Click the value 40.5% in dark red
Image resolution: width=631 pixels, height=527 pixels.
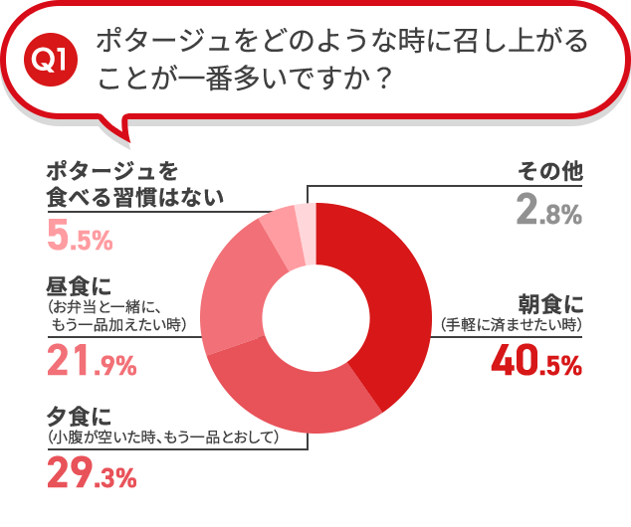pyautogui.click(x=536, y=364)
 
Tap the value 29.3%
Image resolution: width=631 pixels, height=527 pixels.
pyautogui.click(x=92, y=476)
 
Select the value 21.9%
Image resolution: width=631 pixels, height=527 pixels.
pyautogui.click(x=92, y=365)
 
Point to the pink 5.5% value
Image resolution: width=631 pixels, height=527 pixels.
pyautogui.click(x=80, y=238)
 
